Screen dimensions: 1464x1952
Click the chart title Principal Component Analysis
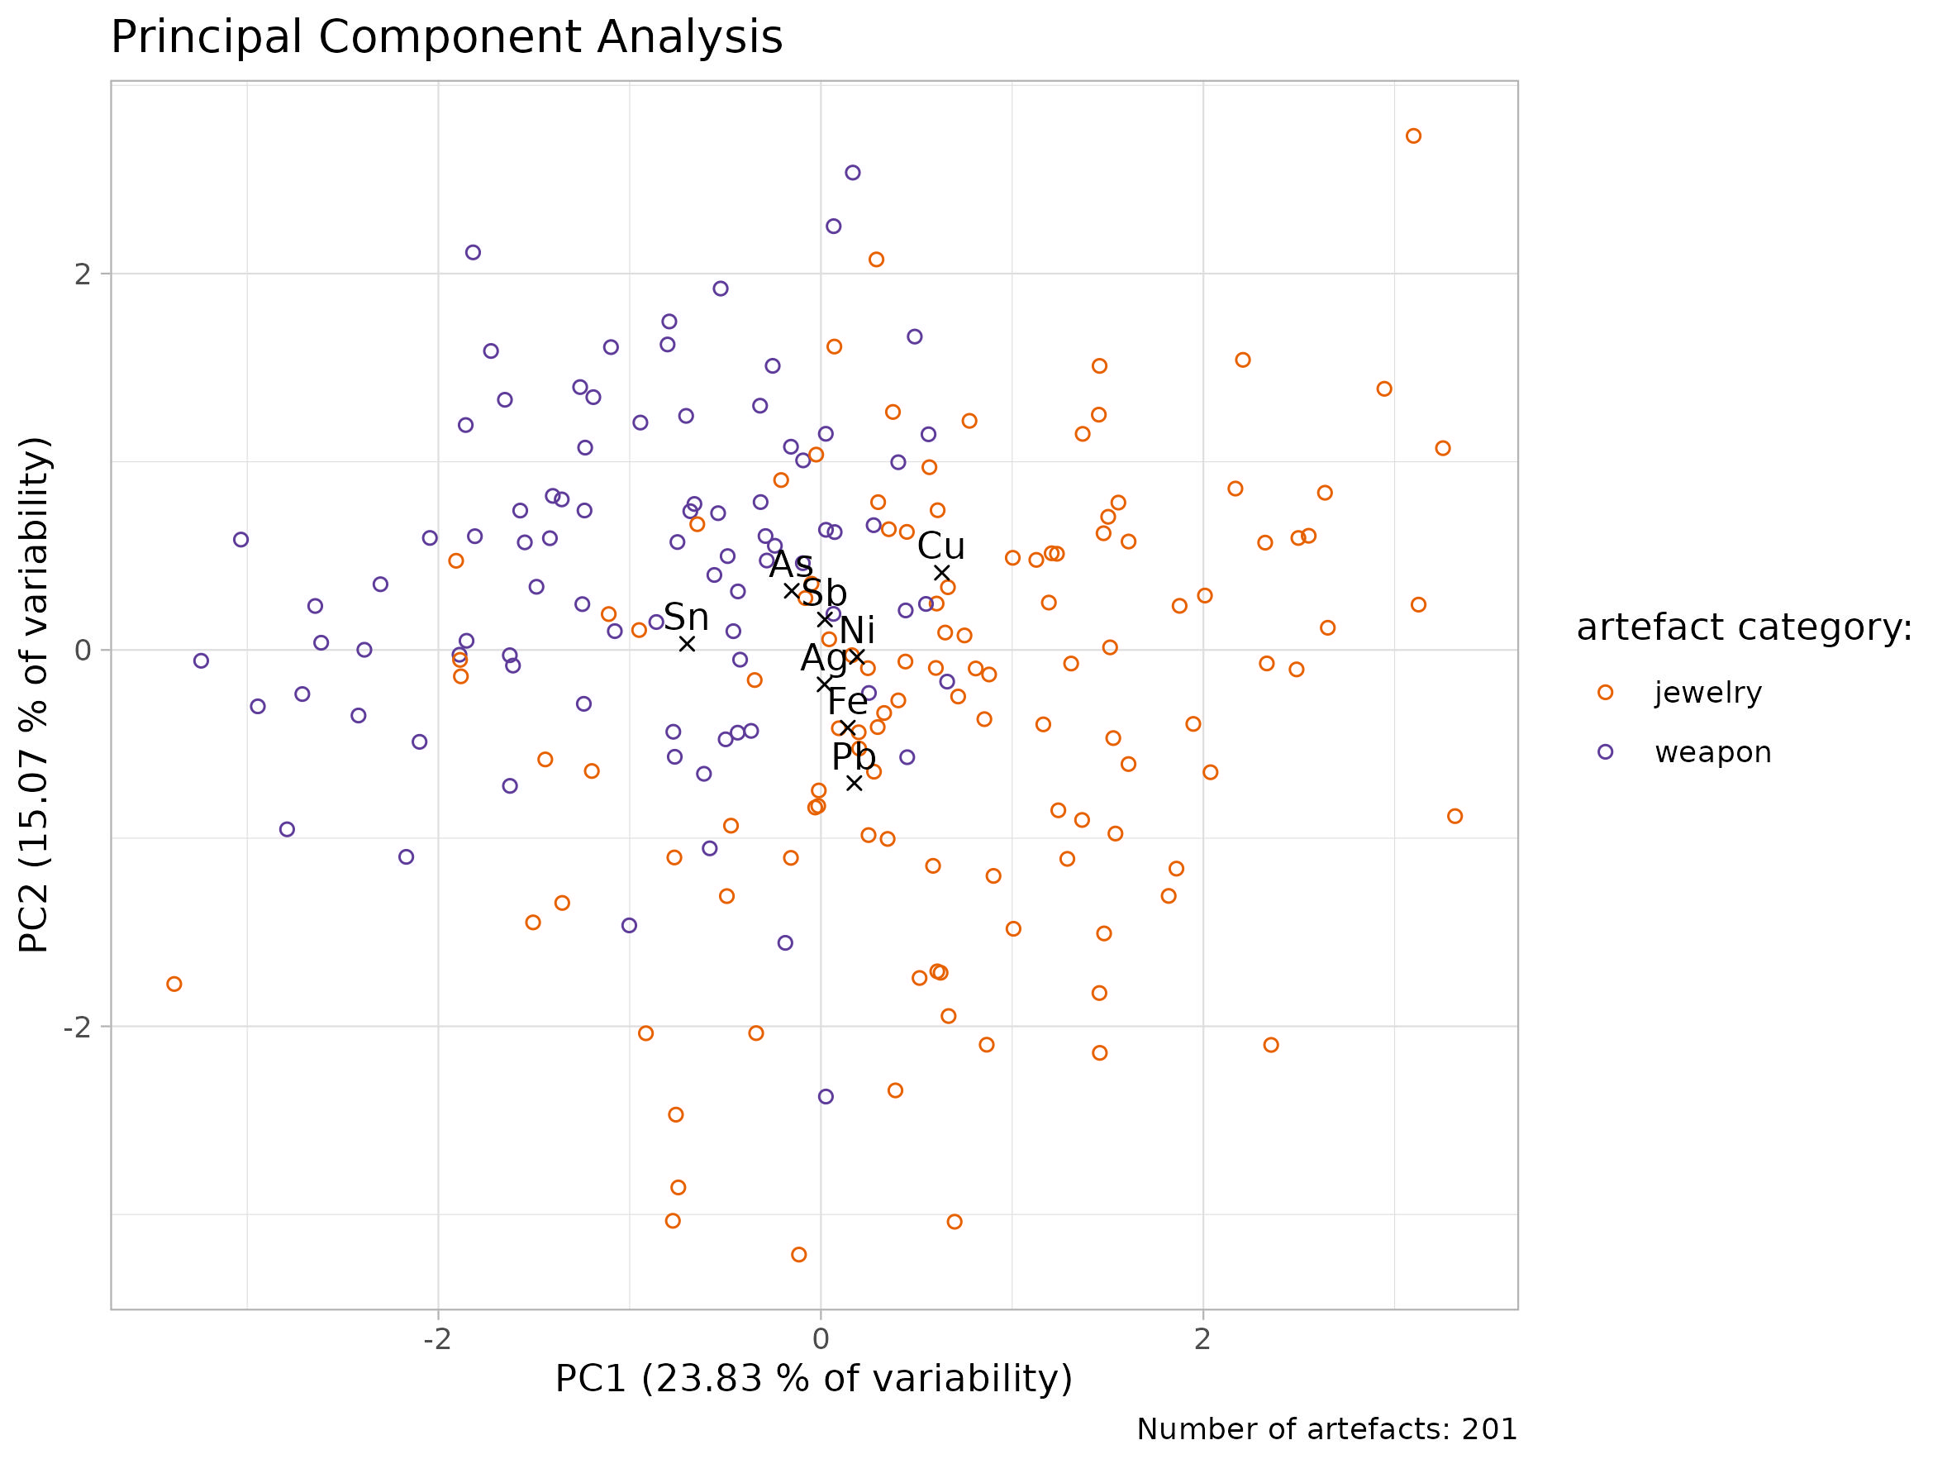[446, 38]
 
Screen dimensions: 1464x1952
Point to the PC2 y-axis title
[36, 694]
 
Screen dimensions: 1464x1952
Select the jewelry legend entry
[1707, 693]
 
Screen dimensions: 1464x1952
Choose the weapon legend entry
[1712, 753]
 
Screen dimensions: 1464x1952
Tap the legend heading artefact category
[1744, 627]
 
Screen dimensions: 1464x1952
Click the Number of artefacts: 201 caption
[1326, 1428]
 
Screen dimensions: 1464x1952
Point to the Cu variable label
[940, 546]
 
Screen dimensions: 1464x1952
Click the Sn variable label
[686, 617]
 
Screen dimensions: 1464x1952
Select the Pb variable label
[854, 757]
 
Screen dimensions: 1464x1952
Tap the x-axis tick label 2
[1202, 1339]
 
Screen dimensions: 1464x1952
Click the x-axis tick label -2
[437, 1339]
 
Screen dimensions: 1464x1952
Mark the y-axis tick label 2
[82, 274]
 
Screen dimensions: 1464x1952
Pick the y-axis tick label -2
[77, 1028]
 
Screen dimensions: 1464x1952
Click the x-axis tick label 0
[821, 1339]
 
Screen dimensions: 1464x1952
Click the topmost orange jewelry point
[1414, 136]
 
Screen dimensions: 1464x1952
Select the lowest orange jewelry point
[798, 1255]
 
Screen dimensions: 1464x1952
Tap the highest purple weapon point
[853, 173]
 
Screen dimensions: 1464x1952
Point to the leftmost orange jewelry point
[174, 984]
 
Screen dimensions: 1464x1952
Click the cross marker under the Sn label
[687, 644]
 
